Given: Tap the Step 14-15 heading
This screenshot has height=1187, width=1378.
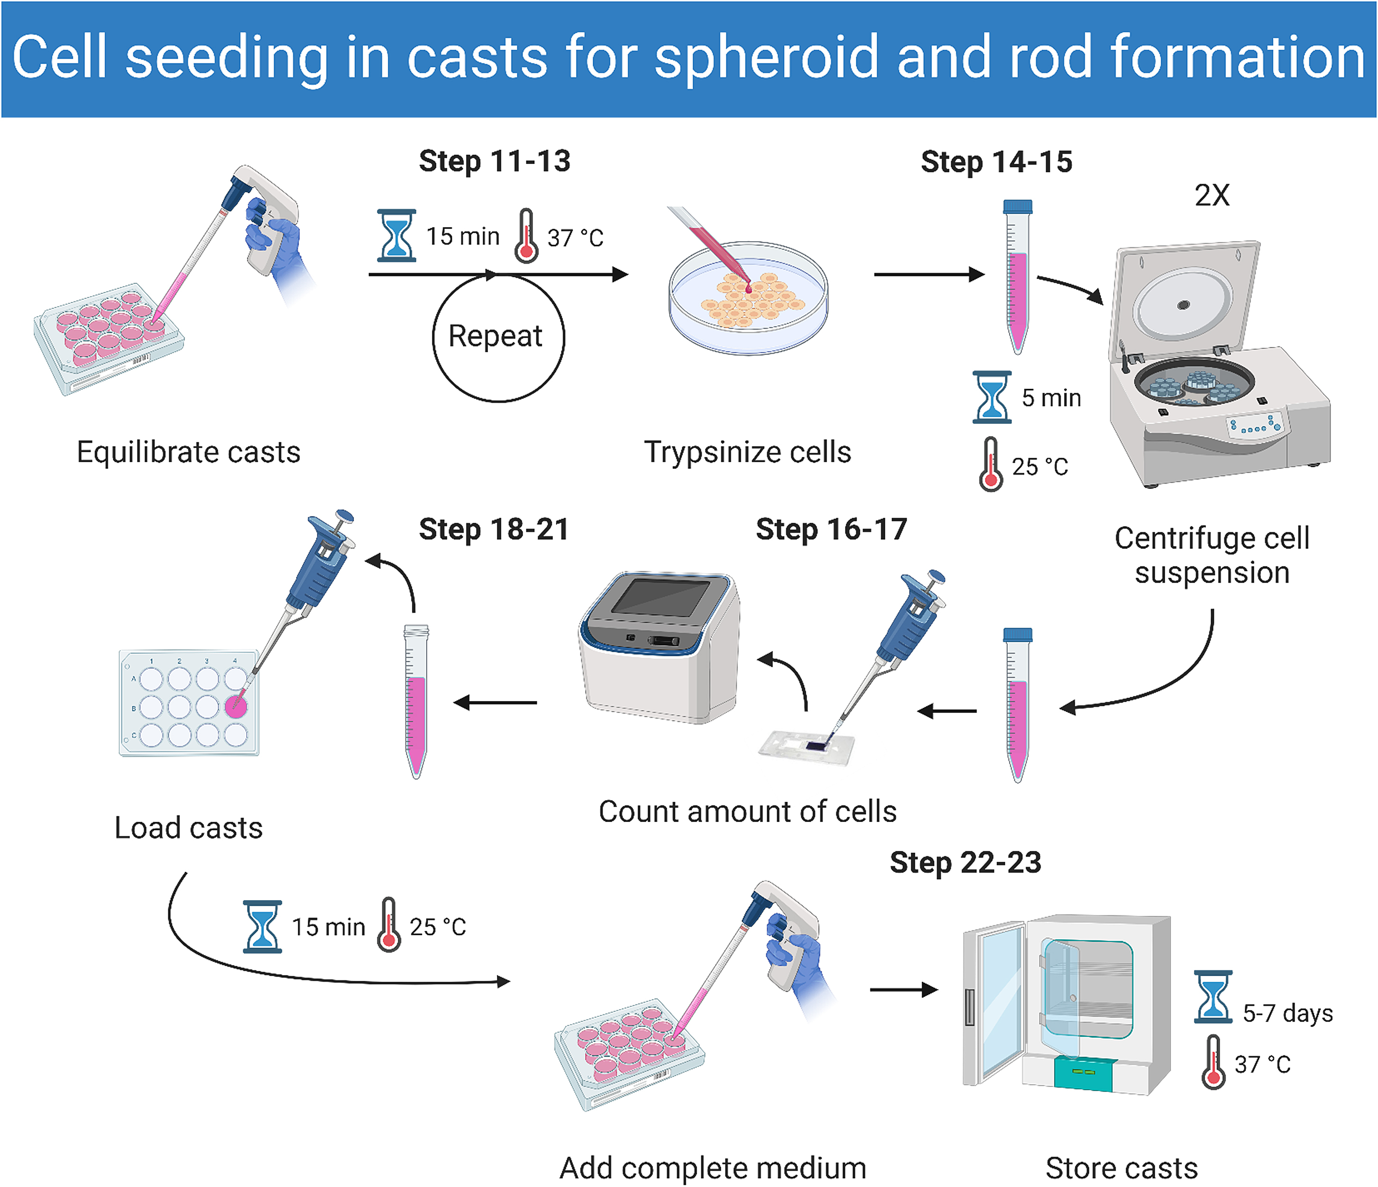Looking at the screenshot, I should (x=996, y=162).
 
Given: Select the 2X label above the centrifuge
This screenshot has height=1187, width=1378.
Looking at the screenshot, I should (x=1211, y=195).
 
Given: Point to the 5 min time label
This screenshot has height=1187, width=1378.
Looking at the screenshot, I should (x=1050, y=398).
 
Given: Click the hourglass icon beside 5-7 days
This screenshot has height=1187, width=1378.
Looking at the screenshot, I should (x=1213, y=996).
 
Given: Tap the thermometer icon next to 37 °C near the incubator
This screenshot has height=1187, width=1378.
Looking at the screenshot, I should (x=1213, y=1063).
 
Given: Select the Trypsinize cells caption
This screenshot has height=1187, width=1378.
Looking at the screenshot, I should (x=747, y=452).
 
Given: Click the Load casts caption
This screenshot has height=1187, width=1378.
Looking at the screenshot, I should (x=188, y=828).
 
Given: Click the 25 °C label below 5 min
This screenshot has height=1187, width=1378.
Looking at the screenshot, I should (x=1039, y=467).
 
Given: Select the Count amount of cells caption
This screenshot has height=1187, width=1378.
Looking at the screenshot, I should (x=747, y=812).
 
